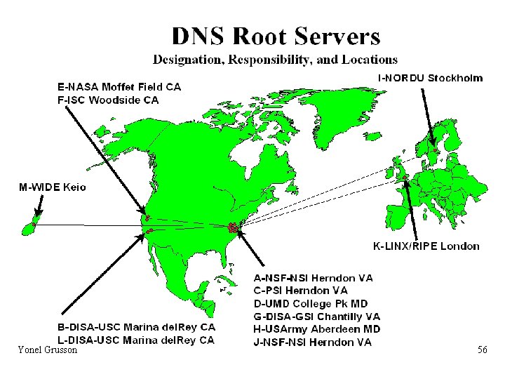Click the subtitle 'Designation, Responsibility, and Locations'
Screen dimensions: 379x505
276,60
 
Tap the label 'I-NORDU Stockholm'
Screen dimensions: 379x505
430,78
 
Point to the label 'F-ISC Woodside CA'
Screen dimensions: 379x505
107,100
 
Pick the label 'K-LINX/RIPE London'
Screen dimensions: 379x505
426,246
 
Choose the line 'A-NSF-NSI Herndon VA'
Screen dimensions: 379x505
313,278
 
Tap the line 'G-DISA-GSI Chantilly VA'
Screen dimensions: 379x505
316,317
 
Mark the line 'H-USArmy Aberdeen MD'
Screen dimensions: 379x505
316,329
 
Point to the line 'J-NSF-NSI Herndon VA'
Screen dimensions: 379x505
312,343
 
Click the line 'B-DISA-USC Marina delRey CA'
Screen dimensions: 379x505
136,327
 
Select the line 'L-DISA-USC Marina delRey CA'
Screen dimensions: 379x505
135,340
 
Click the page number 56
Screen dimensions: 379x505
482,350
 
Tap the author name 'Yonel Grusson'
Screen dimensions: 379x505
48,350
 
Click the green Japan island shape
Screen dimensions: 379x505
31,225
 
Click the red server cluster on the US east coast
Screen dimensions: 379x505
233,227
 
